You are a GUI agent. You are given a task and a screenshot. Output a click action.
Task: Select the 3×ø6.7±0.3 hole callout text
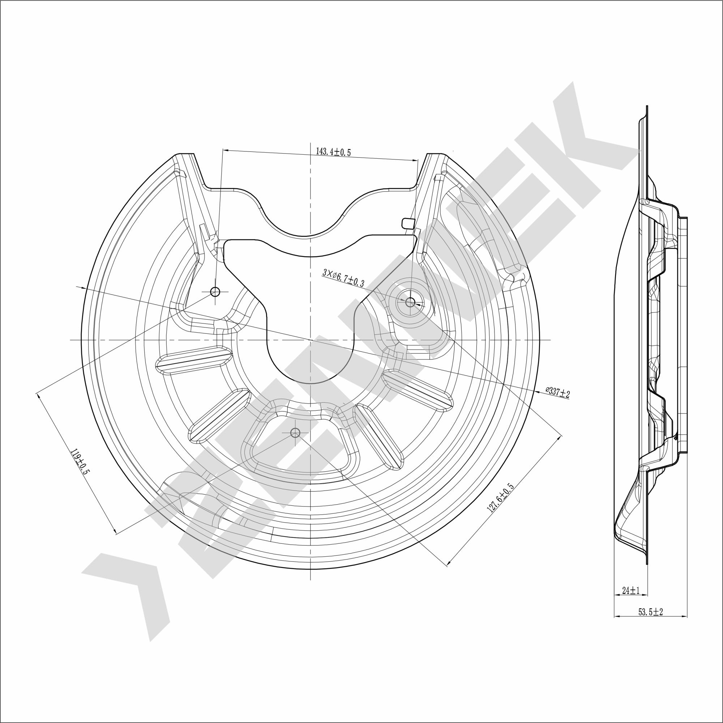pyautogui.click(x=343, y=279)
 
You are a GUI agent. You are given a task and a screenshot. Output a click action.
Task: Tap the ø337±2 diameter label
pyautogui.click(x=557, y=393)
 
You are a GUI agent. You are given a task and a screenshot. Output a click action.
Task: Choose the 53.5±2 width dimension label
pyautogui.click(x=650, y=623)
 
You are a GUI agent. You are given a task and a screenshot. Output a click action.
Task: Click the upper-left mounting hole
pyautogui.click(x=215, y=291)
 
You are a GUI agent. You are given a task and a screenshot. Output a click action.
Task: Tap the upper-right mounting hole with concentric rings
pyautogui.click(x=410, y=302)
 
